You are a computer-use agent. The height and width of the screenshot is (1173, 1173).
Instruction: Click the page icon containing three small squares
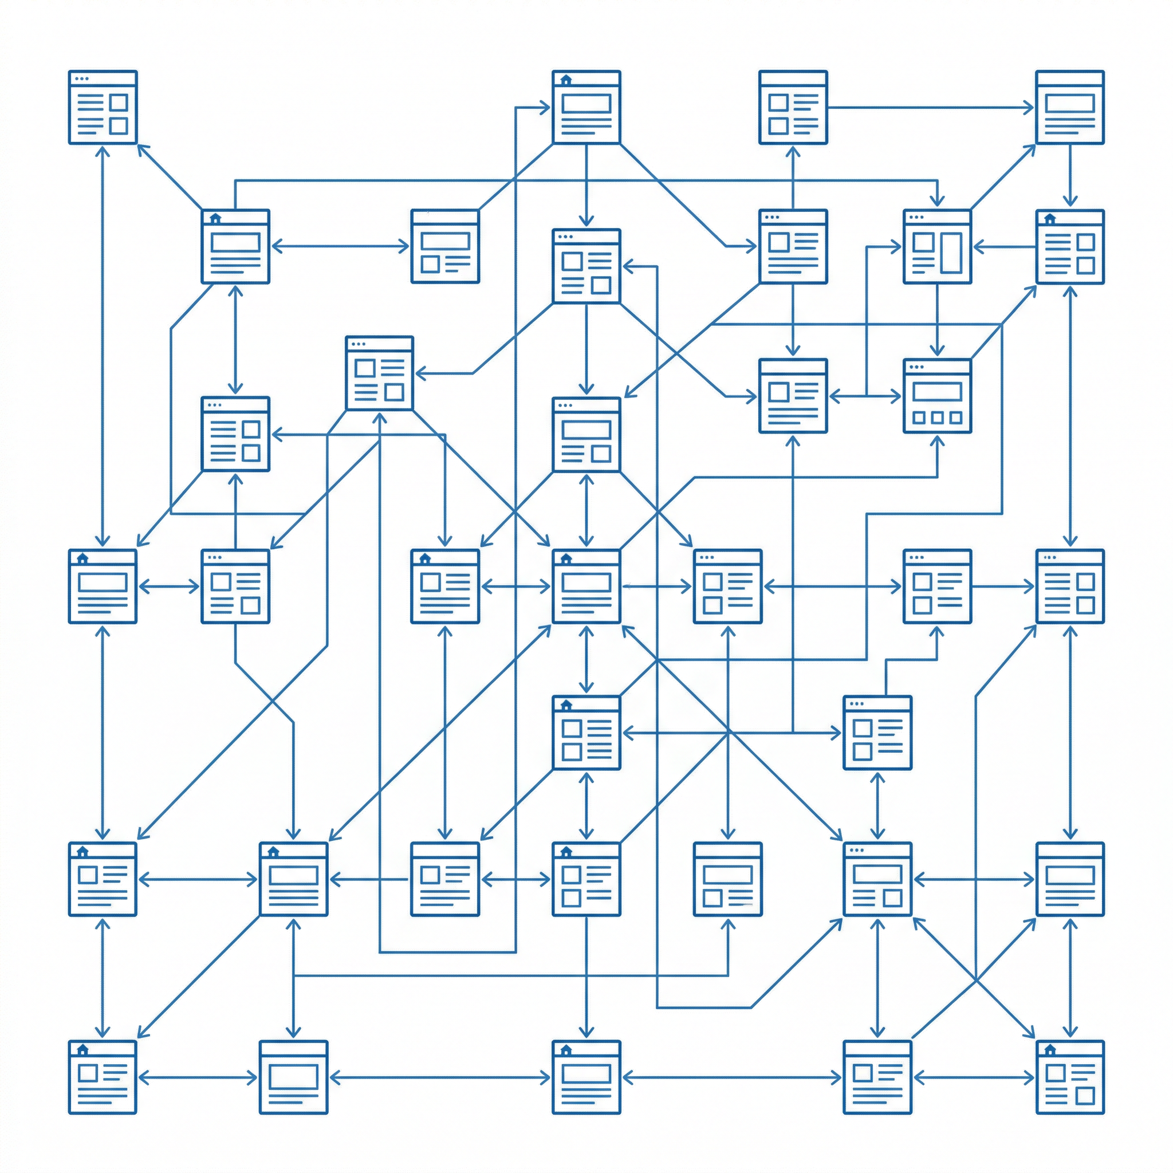(937, 396)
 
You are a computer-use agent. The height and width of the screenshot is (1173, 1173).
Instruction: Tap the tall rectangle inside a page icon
(951, 252)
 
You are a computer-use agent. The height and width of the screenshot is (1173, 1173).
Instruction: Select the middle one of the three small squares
(937, 418)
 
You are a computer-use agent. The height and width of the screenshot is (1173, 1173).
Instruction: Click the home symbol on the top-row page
(566, 80)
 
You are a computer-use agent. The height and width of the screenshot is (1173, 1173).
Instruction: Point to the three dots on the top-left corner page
(81, 78)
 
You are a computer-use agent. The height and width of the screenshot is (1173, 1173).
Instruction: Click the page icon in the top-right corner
(1069, 108)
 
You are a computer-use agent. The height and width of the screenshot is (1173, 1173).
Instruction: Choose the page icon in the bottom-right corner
(1069, 1078)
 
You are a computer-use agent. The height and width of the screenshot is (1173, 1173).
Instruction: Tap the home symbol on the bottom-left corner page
(82, 1050)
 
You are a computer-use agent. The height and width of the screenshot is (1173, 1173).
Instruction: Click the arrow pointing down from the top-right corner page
(1070, 176)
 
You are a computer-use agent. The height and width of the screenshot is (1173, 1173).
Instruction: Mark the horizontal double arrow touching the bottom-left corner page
(198, 1078)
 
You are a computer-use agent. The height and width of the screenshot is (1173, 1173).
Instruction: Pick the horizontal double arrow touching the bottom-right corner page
(973, 1078)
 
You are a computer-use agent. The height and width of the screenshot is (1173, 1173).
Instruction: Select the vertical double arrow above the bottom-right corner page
(1070, 978)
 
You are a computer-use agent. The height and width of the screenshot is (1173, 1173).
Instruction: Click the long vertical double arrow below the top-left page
(103, 346)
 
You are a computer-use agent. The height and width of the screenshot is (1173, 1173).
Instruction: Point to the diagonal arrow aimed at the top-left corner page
(170, 176)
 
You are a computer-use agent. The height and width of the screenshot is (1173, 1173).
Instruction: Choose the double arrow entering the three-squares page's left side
(865, 396)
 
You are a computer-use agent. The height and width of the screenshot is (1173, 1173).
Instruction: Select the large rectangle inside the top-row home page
(586, 103)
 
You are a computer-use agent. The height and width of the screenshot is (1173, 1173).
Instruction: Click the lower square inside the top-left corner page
(119, 125)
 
